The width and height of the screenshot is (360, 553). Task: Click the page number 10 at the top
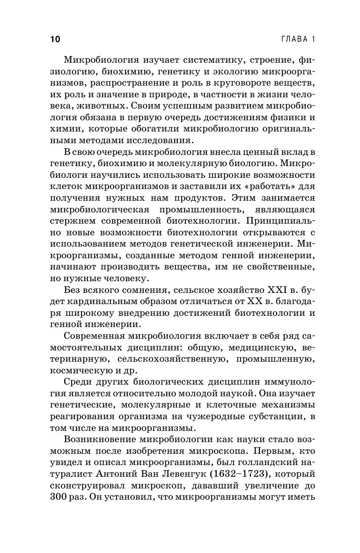click(54, 39)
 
